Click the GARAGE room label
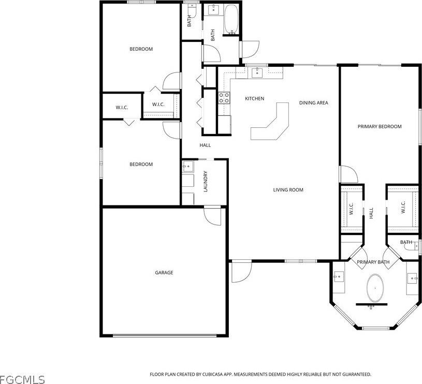(x=164, y=273)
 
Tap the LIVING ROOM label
(x=288, y=190)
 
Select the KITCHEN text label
(x=254, y=98)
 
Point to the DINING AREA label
(x=313, y=103)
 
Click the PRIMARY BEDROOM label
(x=380, y=126)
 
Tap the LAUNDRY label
(x=206, y=182)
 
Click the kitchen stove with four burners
(x=224, y=98)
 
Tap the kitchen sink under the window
(x=257, y=73)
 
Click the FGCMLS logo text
(x=22, y=379)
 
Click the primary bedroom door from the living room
(x=348, y=174)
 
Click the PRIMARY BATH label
(x=373, y=262)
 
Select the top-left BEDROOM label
(x=141, y=49)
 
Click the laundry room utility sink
(x=187, y=167)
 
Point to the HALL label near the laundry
(x=205, y=145)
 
